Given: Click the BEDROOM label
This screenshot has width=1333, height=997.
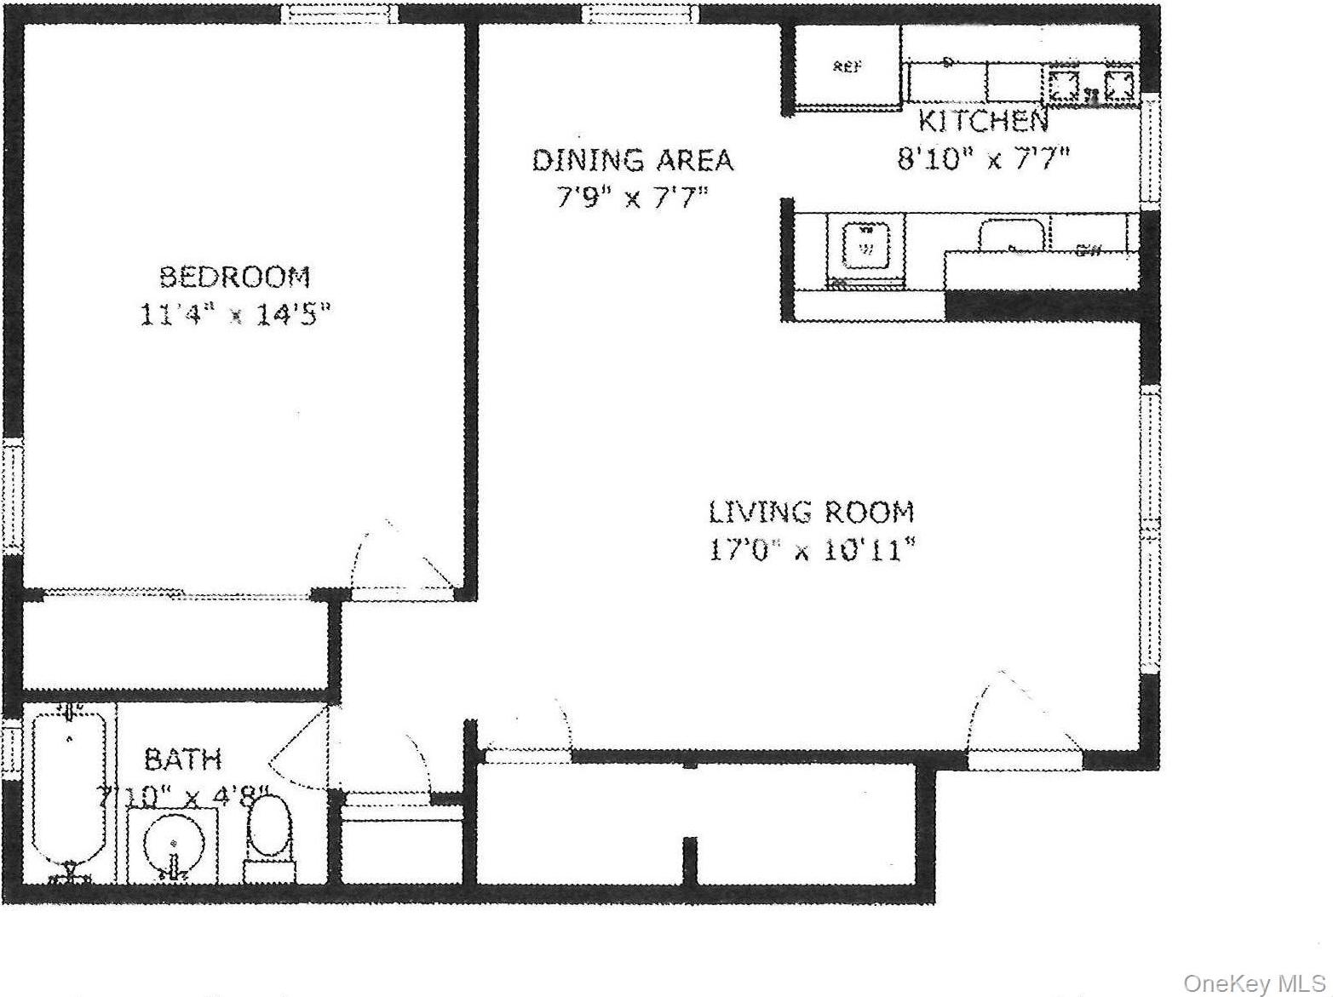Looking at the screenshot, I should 235,277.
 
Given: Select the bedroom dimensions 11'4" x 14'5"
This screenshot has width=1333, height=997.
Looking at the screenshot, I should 234,315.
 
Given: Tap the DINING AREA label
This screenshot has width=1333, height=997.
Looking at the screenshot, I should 632,160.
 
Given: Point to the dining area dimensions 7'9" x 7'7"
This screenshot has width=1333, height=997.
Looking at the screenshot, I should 632,198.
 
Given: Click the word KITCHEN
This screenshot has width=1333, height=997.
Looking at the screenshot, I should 982,122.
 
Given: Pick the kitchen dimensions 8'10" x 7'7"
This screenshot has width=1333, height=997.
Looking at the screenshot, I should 982,159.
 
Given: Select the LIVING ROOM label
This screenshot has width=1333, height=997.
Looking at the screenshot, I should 811,512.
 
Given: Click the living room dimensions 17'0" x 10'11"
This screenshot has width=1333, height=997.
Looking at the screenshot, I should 812,550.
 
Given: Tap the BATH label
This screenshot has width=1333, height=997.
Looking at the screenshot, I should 182,759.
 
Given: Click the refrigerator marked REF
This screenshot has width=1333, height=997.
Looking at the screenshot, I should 846,67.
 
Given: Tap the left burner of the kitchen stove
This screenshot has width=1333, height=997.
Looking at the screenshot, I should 1062,84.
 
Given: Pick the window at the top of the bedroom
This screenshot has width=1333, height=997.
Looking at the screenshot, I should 340,14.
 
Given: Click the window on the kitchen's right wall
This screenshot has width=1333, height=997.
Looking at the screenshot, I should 1151,150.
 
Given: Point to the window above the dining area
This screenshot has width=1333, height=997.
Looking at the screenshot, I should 641,14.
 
